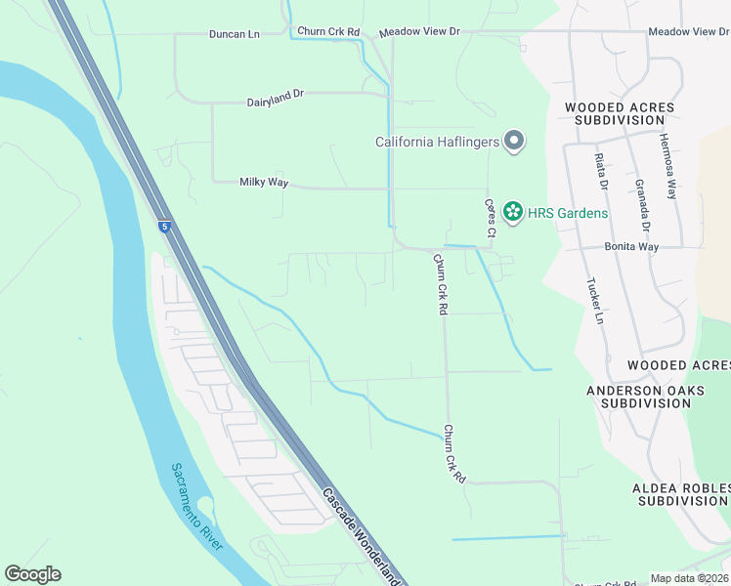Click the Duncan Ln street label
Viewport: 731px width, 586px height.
coord(234,33)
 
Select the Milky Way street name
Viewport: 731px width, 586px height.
coord(262,182)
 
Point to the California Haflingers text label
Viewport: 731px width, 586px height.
coord(438,143)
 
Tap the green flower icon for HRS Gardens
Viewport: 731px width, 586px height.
coord(512,212)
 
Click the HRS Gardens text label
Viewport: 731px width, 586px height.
coord(567,213)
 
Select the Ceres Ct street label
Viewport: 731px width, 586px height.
coord(491,219)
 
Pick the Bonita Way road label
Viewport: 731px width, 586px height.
coord(631,247)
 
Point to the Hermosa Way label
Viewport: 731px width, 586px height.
coord(668,166)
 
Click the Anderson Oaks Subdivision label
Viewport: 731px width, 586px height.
coord(644,396)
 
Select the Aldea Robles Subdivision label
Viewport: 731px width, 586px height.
coord(680,493)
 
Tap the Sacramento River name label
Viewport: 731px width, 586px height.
coord(196,505)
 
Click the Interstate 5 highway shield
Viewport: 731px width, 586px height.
coord(165,227)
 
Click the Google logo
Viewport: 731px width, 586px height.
coord(32,574)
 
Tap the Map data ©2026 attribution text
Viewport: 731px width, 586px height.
coord(688,578)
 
